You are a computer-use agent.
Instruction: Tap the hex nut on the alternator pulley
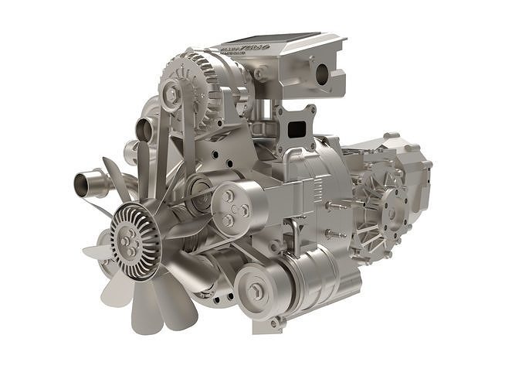point(171,94)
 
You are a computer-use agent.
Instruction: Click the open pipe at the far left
point(83,184)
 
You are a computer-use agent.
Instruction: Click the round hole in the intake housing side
point(322,74)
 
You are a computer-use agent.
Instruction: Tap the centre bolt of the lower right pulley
point(256,292)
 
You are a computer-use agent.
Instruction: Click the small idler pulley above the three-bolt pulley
point(199,189)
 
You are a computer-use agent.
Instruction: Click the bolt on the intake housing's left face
point(261,73)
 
